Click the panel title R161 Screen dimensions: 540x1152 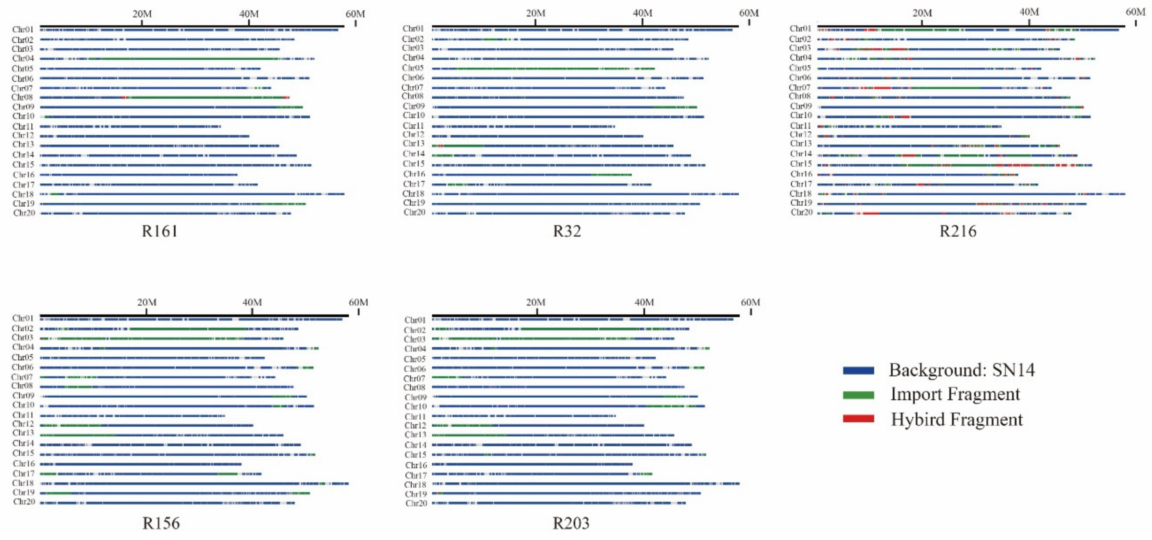[x=160, y=231]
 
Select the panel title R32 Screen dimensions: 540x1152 [x=567, y=231]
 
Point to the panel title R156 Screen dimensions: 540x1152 [x=161, y=523]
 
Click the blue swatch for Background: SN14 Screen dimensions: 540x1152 [x=858, y=371]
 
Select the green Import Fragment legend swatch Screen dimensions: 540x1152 [x=858, y=395]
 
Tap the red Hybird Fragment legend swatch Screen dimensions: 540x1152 [x=858, y=419]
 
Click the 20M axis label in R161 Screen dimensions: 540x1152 [x=142, y=14]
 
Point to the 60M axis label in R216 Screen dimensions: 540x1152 [x=1135, y=12]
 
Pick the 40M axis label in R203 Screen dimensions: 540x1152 [x=644, y=302]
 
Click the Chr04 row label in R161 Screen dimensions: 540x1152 [x=23, y=59]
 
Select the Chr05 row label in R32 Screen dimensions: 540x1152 [x=413, y=68]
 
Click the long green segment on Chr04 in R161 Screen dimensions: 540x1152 [x=188, y=59]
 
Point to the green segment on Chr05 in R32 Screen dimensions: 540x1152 [x=528, y=69]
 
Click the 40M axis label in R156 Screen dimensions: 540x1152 [x=252, y=302]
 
